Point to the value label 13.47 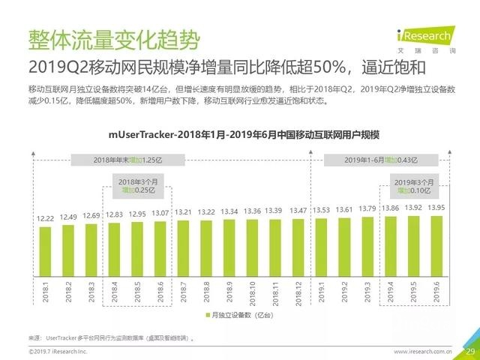point(299,211)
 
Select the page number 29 point(470,351)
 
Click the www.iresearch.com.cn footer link point(421,351)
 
